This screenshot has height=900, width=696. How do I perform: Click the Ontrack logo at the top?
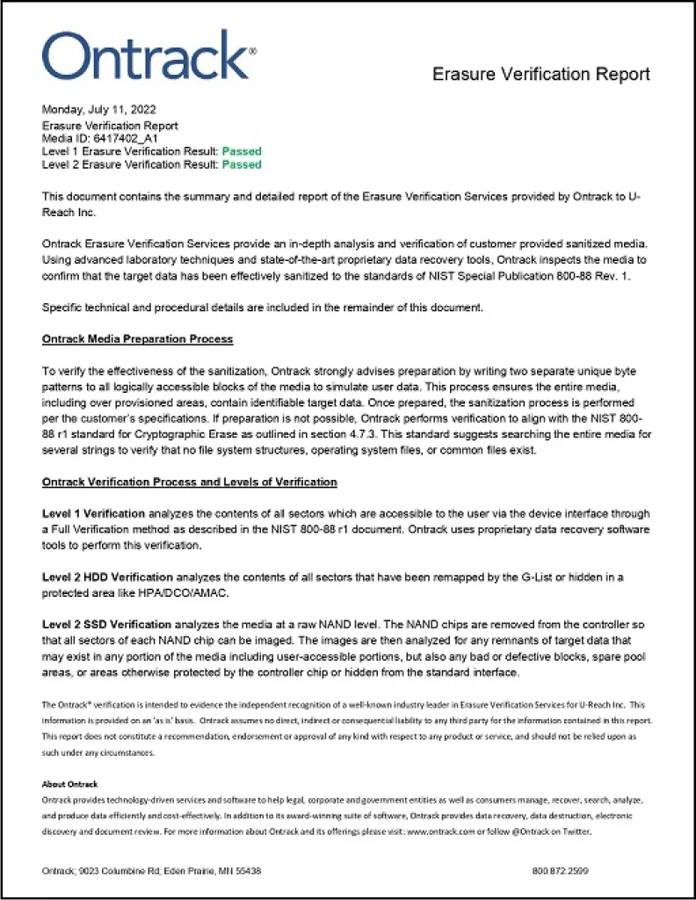pyautogui.click(x=149, y=57)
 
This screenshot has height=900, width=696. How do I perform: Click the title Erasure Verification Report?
pyautogui.click(x=540, y=75)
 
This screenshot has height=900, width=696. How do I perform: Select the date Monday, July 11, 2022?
pyautogui.click(x=99, y=110)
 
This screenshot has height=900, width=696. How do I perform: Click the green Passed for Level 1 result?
pyautogui.click(x=241, y=151)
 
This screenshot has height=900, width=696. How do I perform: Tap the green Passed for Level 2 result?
pyautogui.click(x=241, y=164)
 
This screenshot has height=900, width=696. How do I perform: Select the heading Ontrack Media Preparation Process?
pyautogui.click(x=137, y=339)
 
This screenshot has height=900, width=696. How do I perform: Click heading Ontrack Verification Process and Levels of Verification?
pyautogui.click(x=189, y=483)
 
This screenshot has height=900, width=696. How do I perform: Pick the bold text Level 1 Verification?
pyautogui.click(x=93, y=513)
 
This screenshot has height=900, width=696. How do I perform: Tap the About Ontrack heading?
pyautogui.click(x=69, y=784)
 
